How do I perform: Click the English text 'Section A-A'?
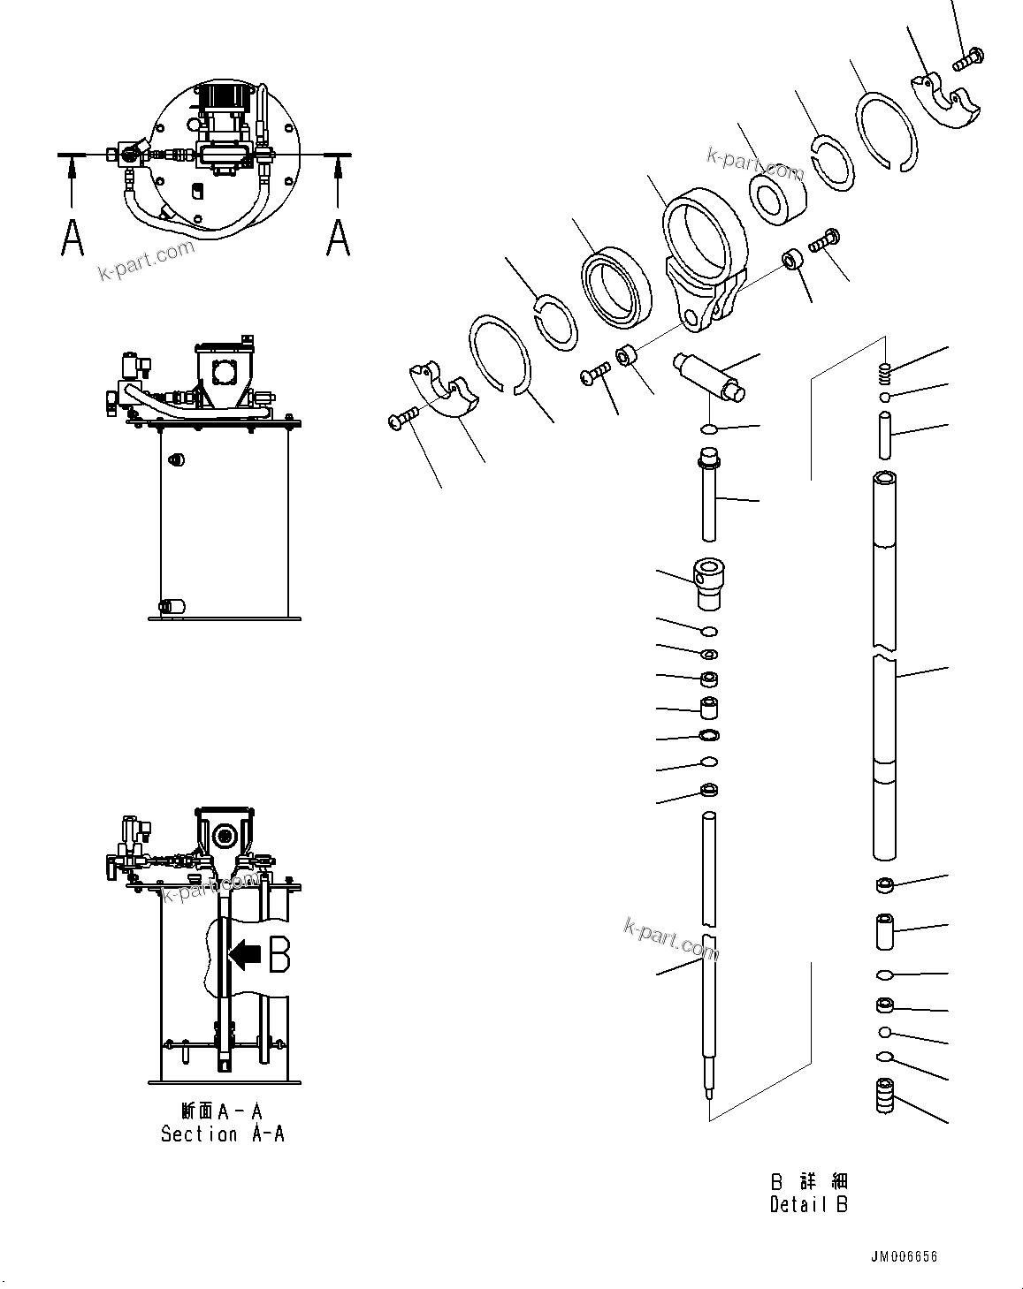point(222,1134)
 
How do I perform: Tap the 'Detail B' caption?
point(808,1204)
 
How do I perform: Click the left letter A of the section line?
point(73,238)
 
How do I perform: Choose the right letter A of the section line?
point(338,238)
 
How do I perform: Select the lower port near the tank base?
point(172,607)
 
